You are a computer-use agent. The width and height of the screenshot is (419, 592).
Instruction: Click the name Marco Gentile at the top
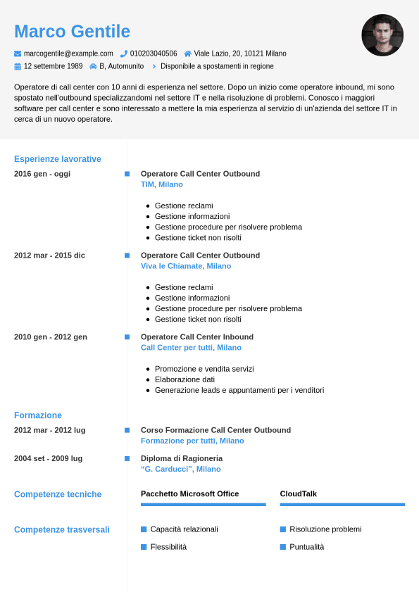coord(72,32)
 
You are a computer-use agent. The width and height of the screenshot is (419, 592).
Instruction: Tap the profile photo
coord(382,35)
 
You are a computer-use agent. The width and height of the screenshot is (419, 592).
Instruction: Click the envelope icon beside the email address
coord(18,53)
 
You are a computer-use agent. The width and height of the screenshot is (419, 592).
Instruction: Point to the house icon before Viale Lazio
coord(187,53)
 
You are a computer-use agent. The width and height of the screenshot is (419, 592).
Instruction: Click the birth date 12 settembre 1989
coord(53,66)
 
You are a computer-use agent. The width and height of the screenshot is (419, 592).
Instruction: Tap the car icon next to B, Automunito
coord(93,66)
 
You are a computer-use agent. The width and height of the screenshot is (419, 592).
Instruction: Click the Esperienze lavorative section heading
coord(58,159)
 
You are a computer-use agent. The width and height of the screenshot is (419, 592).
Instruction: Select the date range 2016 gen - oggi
coord(42,174)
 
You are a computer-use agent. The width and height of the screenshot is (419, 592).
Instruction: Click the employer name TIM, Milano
coord(162,184)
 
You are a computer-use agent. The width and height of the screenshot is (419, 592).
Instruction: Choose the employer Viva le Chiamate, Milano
coord(186,266)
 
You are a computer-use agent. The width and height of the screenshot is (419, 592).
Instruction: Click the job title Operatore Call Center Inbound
coord(197,336)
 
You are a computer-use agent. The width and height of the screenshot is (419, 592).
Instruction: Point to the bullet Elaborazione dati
coord(185,379)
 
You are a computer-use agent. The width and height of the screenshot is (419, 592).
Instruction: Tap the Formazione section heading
coord(38,415)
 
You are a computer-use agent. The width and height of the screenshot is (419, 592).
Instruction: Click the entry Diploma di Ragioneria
coord(182,458)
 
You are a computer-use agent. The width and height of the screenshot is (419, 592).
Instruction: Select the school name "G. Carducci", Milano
coord(181,469)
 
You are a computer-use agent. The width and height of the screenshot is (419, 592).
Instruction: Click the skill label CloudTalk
coord(299,493)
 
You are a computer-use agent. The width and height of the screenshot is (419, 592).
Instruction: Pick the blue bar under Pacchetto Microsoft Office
coord(204,504)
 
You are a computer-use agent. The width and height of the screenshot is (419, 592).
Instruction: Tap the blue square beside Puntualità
coord(283,547)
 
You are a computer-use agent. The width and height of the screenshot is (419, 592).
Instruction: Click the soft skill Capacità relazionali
coord(185,529)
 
